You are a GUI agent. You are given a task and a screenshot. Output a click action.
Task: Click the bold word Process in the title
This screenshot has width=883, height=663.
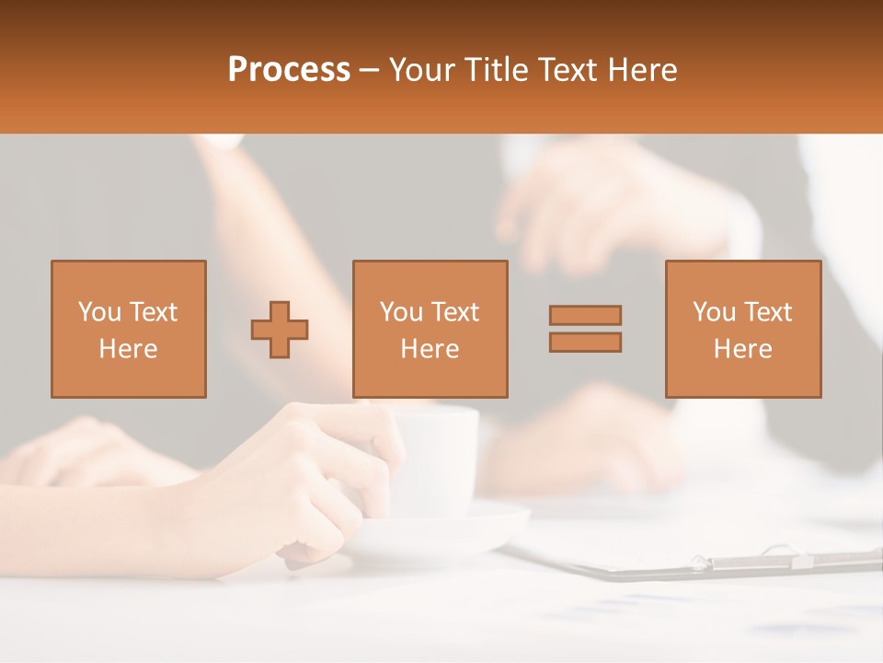[289, 70]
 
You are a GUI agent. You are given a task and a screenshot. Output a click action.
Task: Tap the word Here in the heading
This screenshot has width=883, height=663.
[640, 70]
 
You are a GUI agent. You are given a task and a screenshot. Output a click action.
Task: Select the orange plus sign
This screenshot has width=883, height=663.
[280, 329]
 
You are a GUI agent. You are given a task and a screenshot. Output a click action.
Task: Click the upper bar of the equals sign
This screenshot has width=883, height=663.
[585, 315]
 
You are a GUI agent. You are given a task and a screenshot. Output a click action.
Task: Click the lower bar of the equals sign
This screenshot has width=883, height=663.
[585, 342]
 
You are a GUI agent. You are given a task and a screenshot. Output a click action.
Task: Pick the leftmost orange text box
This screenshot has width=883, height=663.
[128, 329]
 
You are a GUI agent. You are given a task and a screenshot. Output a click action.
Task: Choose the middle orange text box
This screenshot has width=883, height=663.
[430, 329]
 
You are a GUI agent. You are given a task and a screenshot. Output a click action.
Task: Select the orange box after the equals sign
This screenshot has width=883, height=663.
[743, 329]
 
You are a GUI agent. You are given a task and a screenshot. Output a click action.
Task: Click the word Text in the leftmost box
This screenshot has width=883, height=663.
[152, 312]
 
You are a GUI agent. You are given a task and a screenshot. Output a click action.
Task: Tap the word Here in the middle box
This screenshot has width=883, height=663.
[430, 349]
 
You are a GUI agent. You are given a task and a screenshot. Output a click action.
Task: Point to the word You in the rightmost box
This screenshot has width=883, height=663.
[714, 312]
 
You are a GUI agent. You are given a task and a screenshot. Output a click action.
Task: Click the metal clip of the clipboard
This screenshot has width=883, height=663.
[754, 558]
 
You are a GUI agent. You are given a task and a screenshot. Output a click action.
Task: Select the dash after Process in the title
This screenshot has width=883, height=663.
[370, 71]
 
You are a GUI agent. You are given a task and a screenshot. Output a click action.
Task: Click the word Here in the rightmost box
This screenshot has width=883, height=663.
[743, 349]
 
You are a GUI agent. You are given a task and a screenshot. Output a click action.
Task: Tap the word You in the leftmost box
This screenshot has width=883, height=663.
[98, 312]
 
